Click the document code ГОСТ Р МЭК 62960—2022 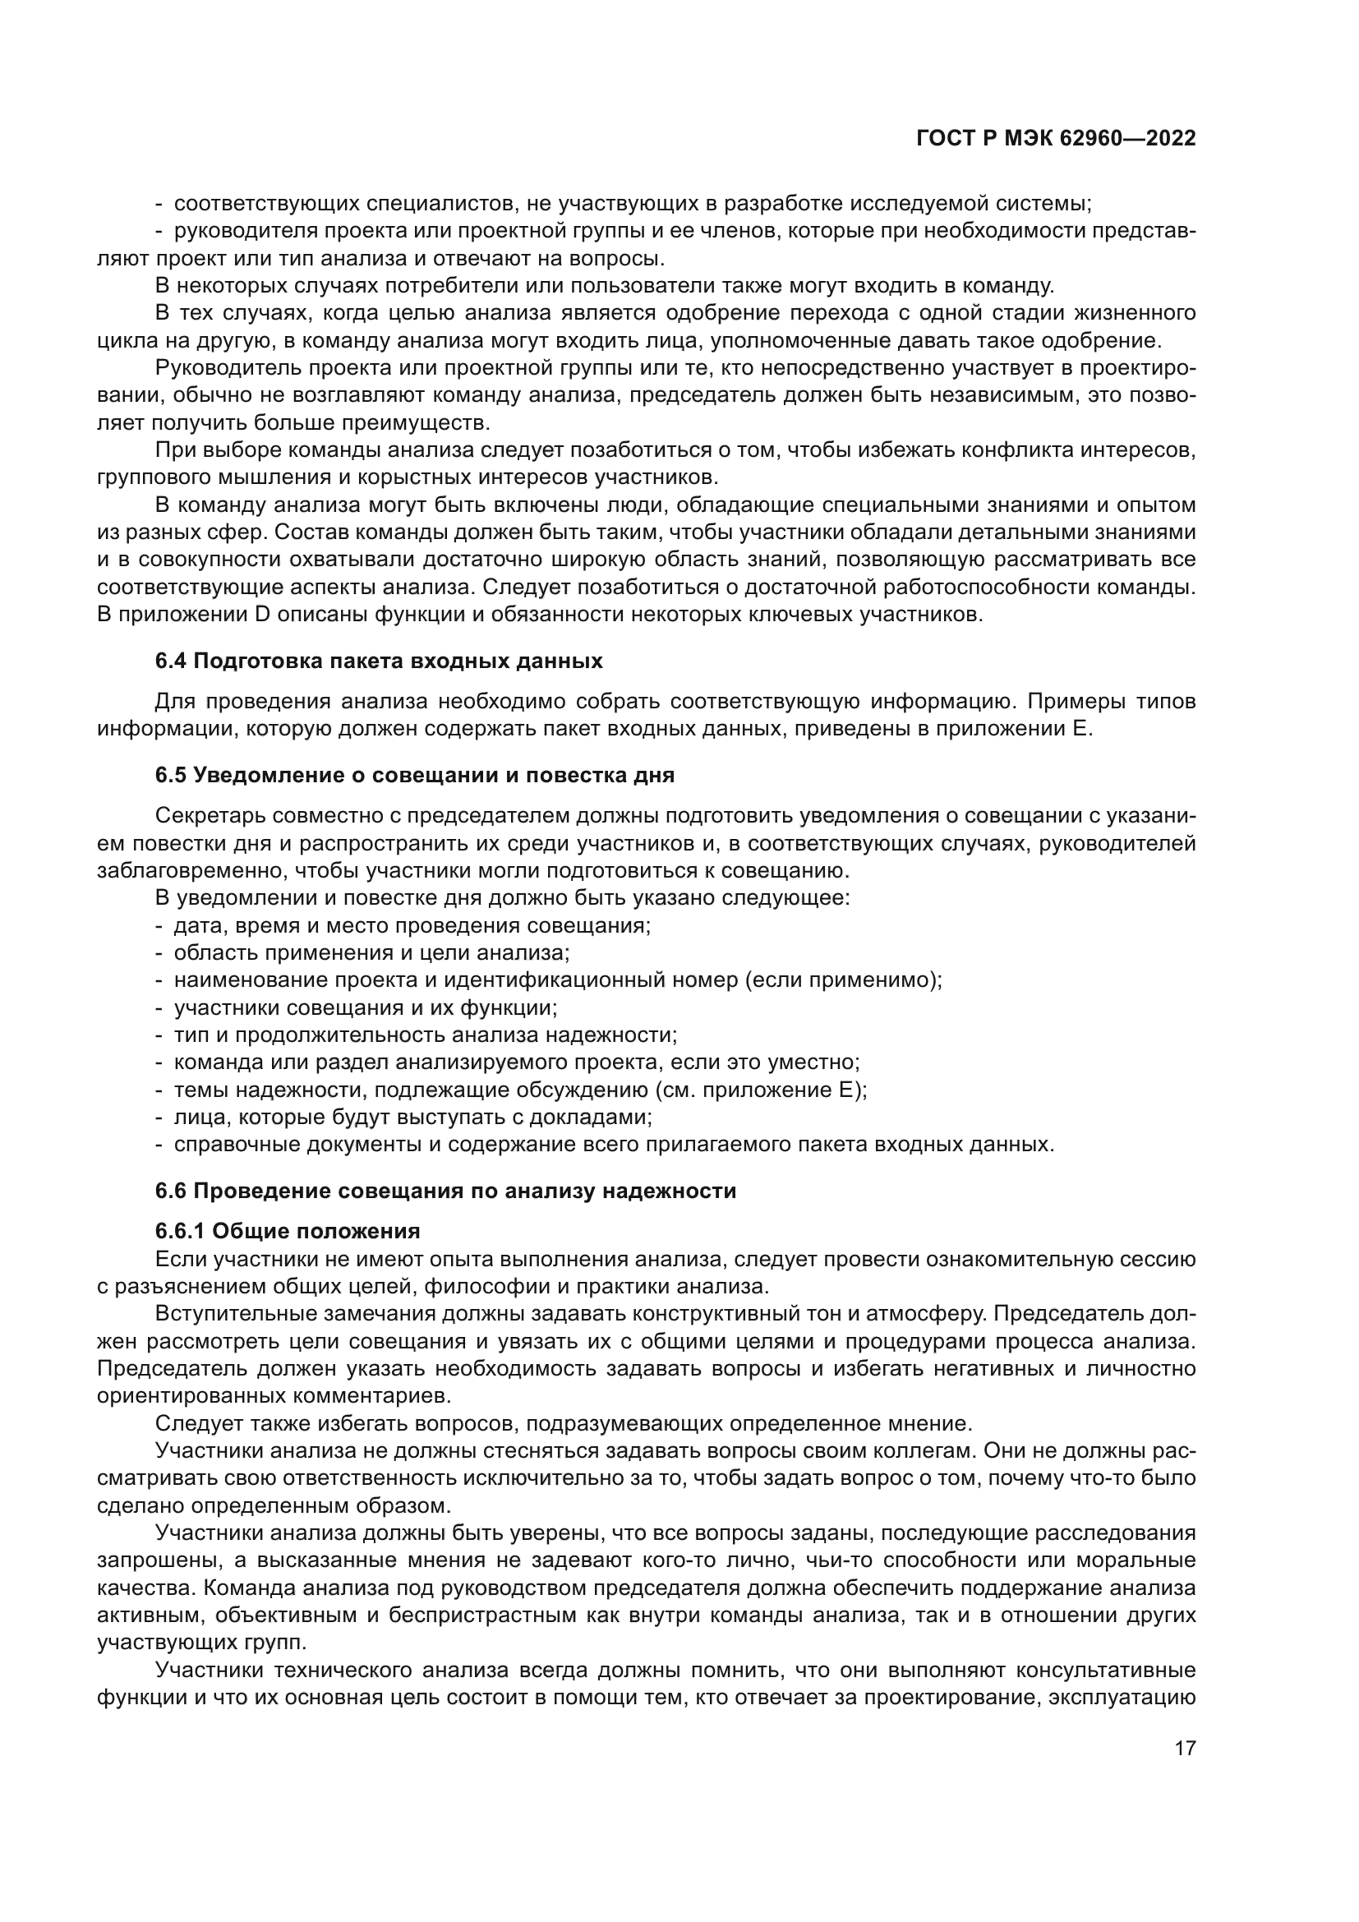1056,139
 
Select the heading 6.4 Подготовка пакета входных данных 378,661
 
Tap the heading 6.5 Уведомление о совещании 414,775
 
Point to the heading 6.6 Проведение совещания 445,1191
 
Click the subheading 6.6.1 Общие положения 287,1232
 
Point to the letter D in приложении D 261,615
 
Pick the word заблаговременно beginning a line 192,870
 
